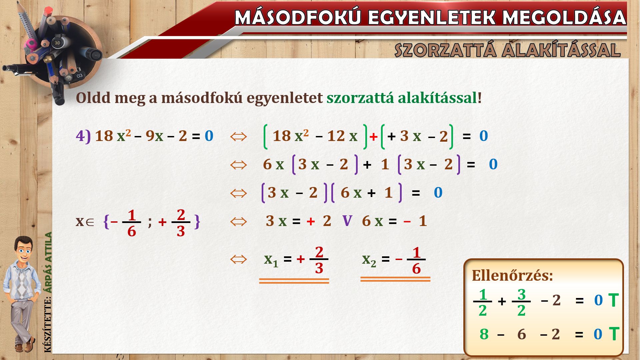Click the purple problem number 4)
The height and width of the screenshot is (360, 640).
point(83,136)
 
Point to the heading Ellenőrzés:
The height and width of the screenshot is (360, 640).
point(512,276)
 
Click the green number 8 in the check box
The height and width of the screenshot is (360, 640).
point(484,334)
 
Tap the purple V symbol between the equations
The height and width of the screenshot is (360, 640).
point(347,221)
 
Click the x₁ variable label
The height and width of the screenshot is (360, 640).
point(271,260)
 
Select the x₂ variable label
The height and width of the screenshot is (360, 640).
point(369,260)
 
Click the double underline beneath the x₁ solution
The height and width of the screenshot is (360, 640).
point(294,281)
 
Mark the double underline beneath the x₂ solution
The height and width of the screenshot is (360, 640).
point(395,279)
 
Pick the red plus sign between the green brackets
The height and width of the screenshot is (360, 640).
point(373,137)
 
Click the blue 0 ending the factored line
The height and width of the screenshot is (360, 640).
point(438,193)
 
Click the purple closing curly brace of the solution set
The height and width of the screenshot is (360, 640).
point(197,221)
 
